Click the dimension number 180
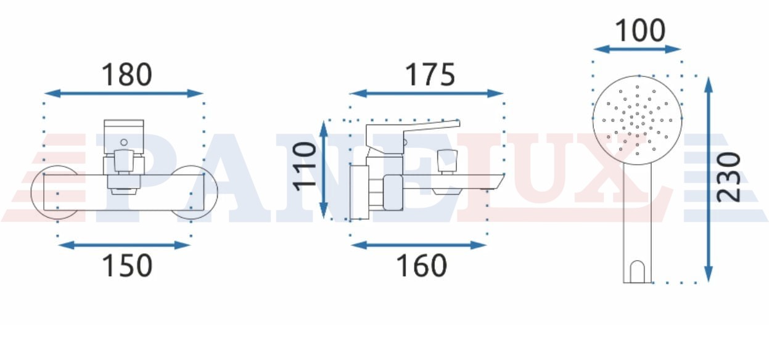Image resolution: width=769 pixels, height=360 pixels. point(126,75)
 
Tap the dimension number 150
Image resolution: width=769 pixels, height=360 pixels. point(127,266)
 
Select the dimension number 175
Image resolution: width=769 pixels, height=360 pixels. point(430,75)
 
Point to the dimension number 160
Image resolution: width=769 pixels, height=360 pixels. point(422,266)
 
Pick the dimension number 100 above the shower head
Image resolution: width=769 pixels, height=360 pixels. point(640,31)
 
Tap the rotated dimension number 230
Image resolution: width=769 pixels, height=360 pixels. point(729,178)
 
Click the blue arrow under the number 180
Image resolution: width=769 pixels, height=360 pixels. point(123,93)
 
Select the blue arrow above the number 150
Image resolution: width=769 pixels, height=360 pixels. point(124,245)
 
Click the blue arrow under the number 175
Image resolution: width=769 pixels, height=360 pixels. point(426,93)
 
